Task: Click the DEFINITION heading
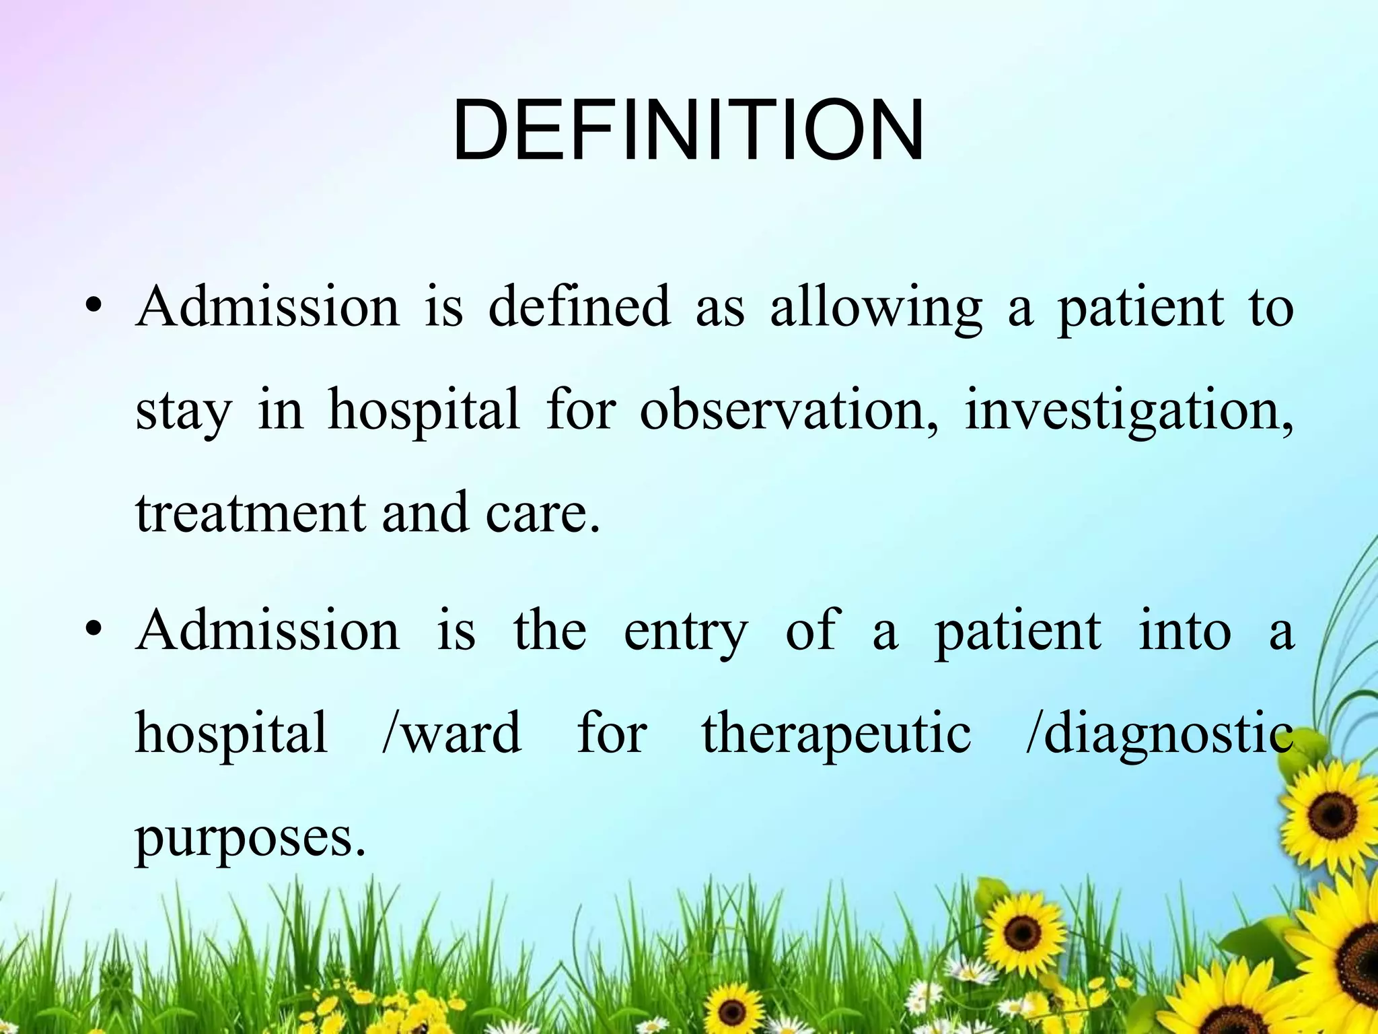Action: point(688,131)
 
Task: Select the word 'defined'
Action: point(579,306)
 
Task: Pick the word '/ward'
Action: point(451,732)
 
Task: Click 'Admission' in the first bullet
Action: point(268,306)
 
